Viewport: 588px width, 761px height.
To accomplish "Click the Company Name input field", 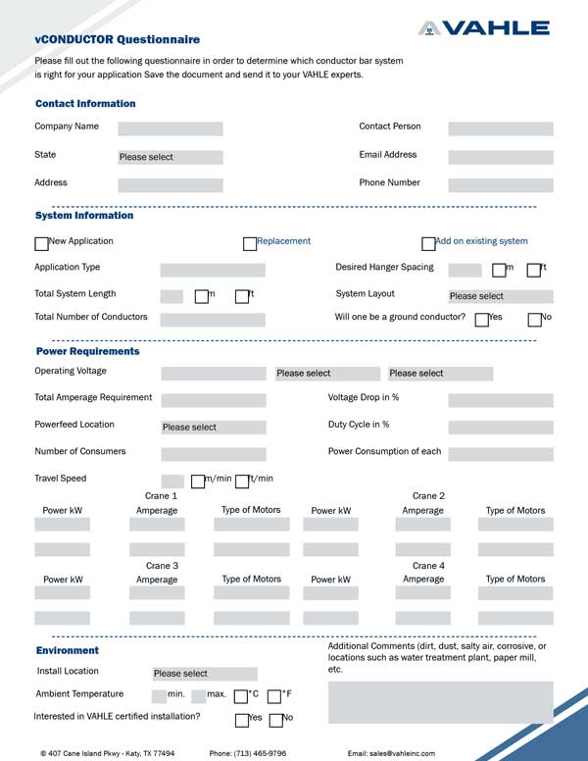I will tap(171, 128).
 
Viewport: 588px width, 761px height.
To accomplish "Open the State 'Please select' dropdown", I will tap(171, 157).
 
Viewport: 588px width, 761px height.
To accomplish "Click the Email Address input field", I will tap(500, 157).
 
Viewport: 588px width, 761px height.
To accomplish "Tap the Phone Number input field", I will tap(500, 184).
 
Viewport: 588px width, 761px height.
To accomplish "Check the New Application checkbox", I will tap(41, 244).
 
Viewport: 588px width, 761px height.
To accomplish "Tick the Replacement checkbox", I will tap(250, 244).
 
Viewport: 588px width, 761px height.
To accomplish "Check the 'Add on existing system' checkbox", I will tap(428, 244).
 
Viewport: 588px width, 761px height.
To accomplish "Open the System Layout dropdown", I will tap(500, 296).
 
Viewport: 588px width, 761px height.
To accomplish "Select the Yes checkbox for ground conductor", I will tap(481, 320).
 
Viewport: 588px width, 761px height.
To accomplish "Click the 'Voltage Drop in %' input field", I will tap(500, 400).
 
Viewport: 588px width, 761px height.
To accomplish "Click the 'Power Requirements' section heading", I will tap(88, 351).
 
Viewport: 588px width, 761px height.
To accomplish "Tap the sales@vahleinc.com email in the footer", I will tap(391, 753).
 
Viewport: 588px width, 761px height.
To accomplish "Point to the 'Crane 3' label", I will tap(162, 566).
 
